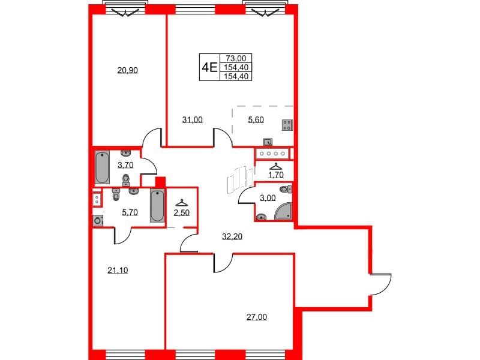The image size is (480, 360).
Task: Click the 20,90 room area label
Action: point(127,70)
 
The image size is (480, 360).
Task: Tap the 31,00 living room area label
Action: point(192,119)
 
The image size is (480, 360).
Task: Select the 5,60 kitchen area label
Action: point(257,119)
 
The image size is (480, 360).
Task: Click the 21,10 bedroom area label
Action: point(118,270)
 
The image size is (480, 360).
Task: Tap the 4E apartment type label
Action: point(209,67)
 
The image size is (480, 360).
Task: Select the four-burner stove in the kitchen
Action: point(287,125)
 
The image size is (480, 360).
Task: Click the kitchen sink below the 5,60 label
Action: point(268,142)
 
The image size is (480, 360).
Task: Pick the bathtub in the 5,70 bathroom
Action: point(157,206)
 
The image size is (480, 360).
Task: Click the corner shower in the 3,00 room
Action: point(283,211)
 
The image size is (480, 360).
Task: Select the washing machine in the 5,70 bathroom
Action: point(97,220)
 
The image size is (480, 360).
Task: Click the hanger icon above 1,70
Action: point(275,166)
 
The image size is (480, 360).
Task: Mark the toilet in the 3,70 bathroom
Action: point(126,179)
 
